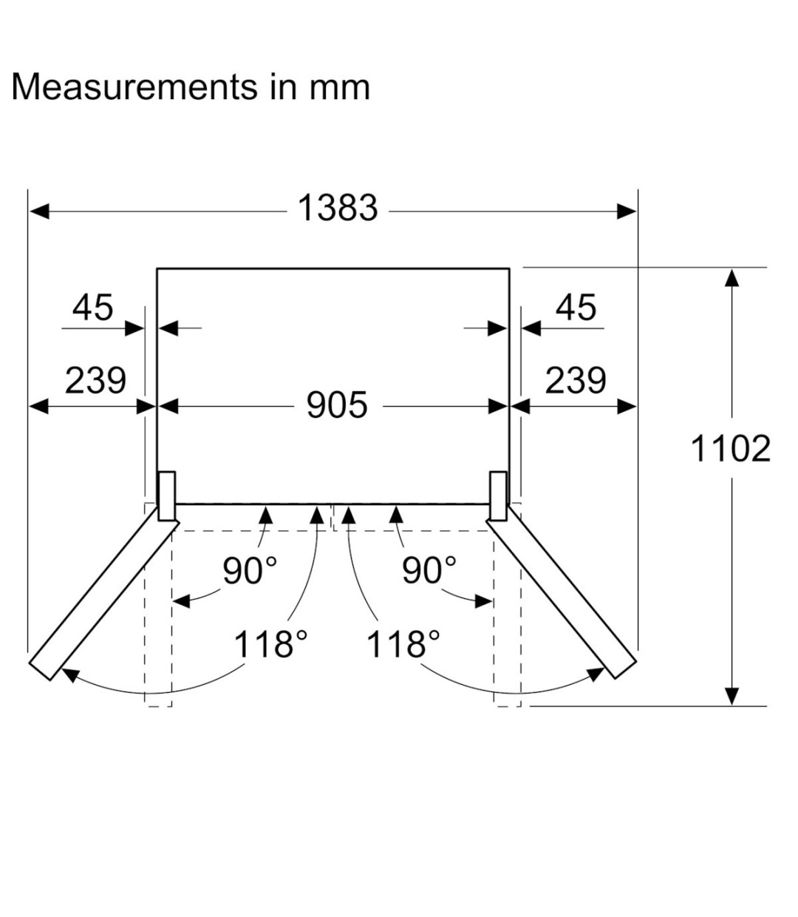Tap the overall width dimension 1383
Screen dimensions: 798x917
[338, 208]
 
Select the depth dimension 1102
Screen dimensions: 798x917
[731, 449]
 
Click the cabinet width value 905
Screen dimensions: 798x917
[337, 405]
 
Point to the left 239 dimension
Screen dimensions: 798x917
[95, 381]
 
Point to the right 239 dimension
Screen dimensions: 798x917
[576, 381]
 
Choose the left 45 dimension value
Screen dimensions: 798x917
[92, 308]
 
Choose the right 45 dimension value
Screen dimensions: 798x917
[576, 308]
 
